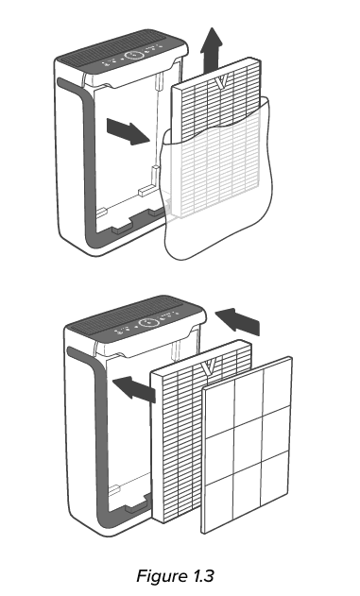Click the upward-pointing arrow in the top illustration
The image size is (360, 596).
coord(215,44)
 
